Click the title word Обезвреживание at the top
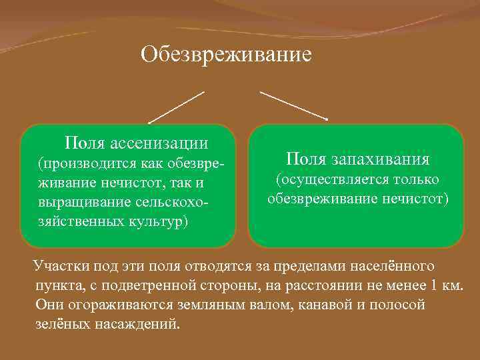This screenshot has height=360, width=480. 226,54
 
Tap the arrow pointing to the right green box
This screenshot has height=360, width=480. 293,105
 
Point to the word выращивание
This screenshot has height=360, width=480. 79,201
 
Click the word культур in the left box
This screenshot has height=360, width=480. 159,220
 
